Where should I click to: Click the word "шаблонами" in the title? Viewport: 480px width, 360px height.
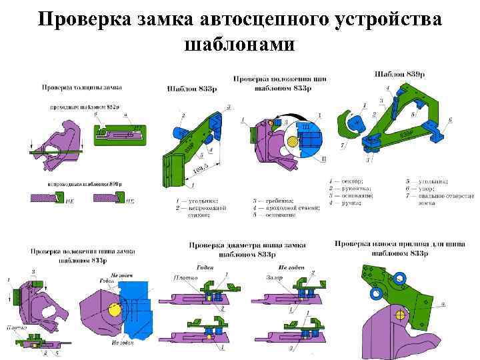click(x=239, y=44)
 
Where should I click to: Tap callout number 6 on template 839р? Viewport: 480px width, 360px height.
click(x=450, y=119)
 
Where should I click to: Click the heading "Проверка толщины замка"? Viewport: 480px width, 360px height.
click(x=81, y=87)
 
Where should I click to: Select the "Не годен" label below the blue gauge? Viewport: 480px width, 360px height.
click(x=121, y=342)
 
